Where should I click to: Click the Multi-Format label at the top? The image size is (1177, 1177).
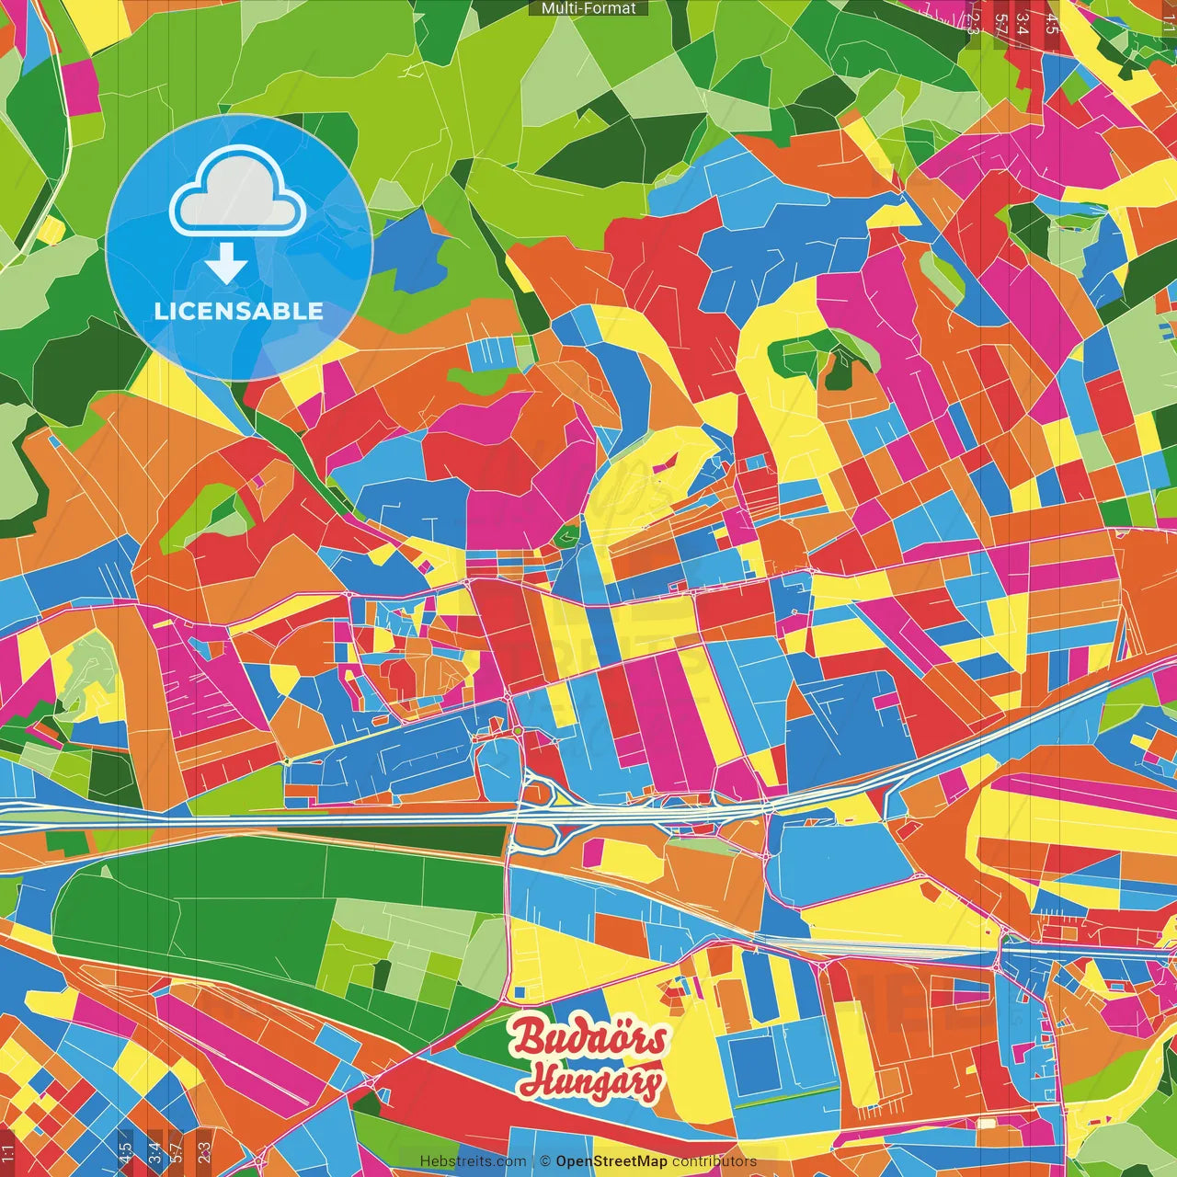pyautogui.click(x=588, y=8)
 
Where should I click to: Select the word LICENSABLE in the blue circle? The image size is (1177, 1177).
pyautogui.click(x=238, y=311)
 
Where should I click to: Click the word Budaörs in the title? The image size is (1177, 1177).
pyautogui.click(x=589, y=1038)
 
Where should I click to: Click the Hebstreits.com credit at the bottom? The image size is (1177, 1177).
pyautogui.click(x=473, y=1161)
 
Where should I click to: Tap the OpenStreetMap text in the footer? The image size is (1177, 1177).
pyautogui.click(x=611, y=1161)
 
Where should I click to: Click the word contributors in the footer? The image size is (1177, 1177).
pyautogui.click(x=714, y=1161)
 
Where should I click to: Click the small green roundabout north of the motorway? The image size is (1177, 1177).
pyautogui.click(x=518, y=731)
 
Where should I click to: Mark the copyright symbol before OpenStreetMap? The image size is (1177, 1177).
pyautogui.click(x=544, y=1161)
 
